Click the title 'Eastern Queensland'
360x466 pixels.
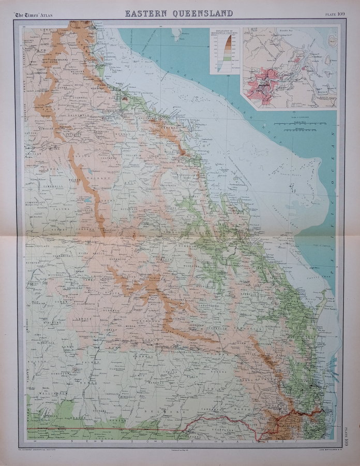coord(178,13)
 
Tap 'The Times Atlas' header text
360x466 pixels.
coord(34,13)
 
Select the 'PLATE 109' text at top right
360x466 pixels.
coord(332,13)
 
